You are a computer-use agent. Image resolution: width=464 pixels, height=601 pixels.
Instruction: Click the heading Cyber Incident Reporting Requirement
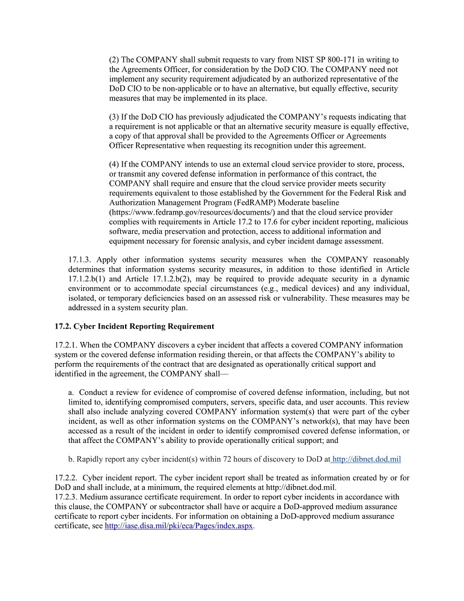click(134, 326)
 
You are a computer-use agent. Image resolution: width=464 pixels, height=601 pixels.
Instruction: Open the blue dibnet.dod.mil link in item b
click(367, 459)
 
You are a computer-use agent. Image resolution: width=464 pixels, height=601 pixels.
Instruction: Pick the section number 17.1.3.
click(81, 260)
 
